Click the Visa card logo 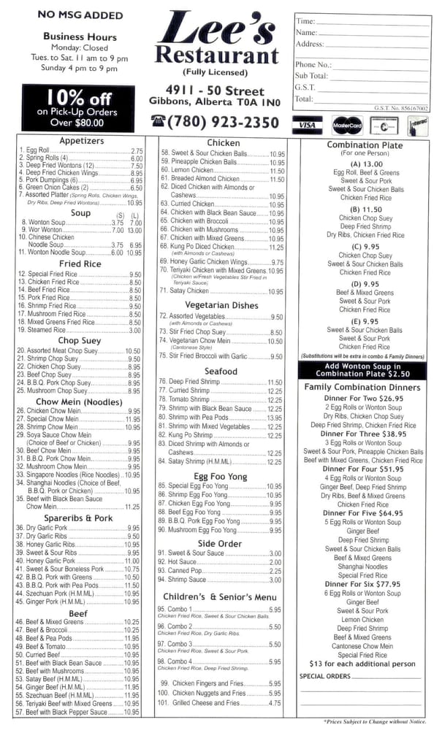[x=308, y=125]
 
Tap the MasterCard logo [x=346, y=125]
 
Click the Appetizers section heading [x=82, y=140]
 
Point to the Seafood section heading [x=221, y=371]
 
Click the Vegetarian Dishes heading [x=221, y=305]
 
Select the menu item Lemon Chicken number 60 [x=191, y=171]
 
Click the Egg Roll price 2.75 [x=137, y=150]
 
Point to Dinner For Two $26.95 [x=363, y=399]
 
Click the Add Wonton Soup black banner [x=363, y=369]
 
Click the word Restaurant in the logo [x=217, y=55]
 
